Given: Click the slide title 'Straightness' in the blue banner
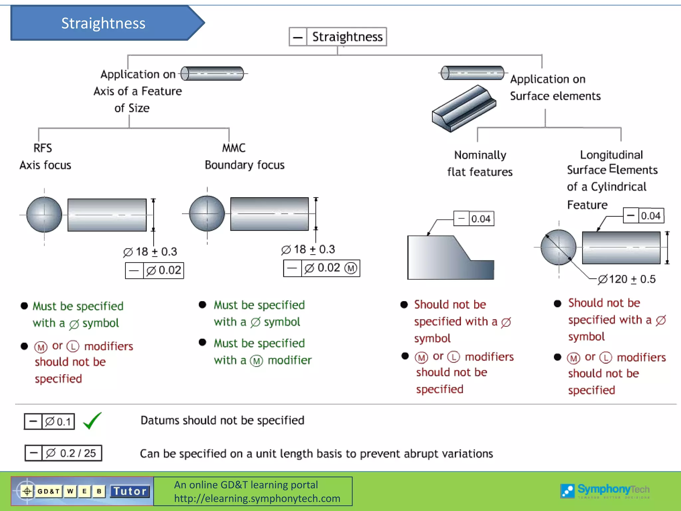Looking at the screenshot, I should [x=103, y=23].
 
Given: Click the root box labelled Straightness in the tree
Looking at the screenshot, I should [x=338, y=37].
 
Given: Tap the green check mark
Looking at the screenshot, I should [x=92, y=421].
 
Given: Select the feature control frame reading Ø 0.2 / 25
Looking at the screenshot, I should [x=63, y=453].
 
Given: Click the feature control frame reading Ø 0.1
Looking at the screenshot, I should [x=49, y=422].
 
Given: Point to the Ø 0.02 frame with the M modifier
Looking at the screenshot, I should [x=322, y=268].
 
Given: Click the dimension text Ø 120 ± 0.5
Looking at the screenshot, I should [x=626, y=279].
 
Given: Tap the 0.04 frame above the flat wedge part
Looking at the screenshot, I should [x=474, y=219].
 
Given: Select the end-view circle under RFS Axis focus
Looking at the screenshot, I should [x=44, y=215].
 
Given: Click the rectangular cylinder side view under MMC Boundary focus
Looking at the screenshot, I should [x=269, y=214].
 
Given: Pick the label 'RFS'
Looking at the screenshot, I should [x=43, y=148].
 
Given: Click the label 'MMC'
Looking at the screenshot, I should [x=234, y=148].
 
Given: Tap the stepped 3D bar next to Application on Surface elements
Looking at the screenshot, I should [x=464, y=108].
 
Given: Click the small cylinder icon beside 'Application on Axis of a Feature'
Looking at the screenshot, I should [x=213, y=74].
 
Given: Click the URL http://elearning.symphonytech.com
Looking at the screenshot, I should [x=257, y=498].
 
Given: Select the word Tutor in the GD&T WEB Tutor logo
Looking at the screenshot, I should [x=130, y=491].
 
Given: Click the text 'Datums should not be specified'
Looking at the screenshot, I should [x=222, y=421].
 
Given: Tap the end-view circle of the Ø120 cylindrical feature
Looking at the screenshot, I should [x=558, y=247].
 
